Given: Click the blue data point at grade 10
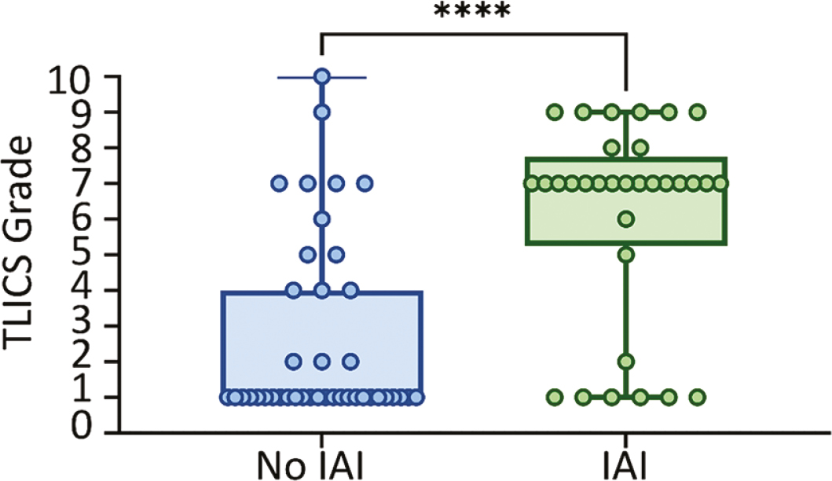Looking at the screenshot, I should point(321,77).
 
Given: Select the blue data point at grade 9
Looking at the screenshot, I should point(321,112).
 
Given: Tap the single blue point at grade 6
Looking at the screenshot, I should point(321,218).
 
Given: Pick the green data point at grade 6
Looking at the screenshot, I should point(626,218).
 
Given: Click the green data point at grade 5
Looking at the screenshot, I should point(626,254).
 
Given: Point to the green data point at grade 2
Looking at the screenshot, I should point(626,362).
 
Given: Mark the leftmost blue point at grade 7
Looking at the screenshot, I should point(278,184).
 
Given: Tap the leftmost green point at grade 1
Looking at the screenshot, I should point(555,397).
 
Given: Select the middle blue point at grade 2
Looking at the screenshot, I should point(321,362).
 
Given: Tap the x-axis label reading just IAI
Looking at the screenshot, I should point(626,463).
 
